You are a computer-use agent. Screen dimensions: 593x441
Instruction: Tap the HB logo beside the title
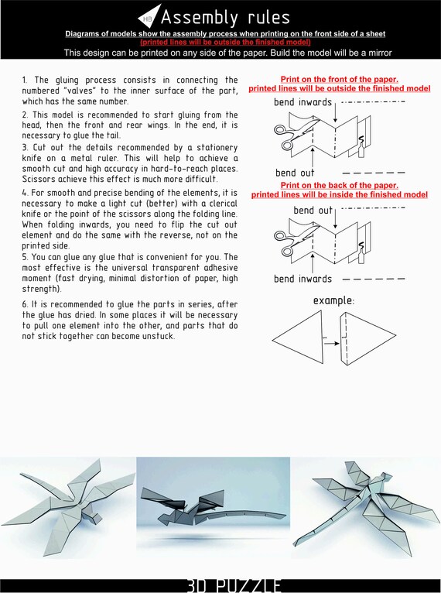pos(149,17)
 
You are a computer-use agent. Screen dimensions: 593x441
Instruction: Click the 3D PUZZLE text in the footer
pos(233,584)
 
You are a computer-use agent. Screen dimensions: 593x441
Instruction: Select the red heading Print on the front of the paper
pos(339,80)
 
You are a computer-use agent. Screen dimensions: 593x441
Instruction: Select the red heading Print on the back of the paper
pos(339,186)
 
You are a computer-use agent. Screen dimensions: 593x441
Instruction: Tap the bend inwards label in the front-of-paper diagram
pos(303,103)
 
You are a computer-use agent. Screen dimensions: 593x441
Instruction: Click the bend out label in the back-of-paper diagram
pos(313,211)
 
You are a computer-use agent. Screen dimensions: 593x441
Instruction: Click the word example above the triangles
pos(333,300)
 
